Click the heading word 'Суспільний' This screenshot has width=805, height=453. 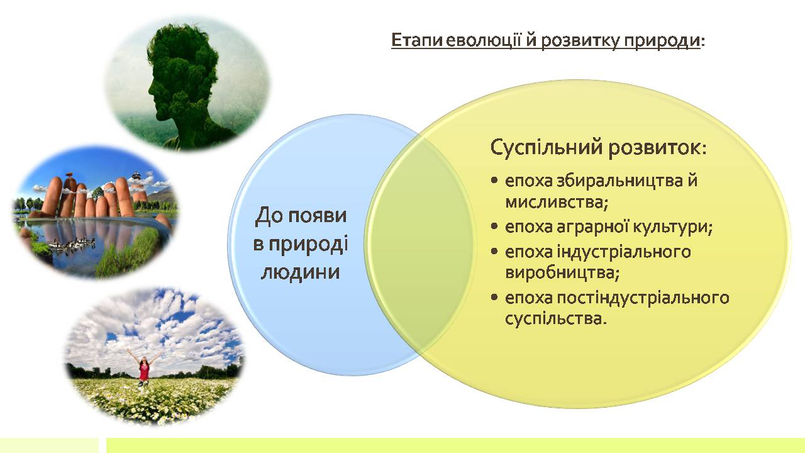point(547,147)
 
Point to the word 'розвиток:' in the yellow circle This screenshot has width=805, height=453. point(658,148)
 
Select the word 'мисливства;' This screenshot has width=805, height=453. point(557,203)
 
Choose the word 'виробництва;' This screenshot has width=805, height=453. point(562,273)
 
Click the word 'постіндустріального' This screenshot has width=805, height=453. point(643,298)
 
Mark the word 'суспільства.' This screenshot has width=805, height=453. point(556,319)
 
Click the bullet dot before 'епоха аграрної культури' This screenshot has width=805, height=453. point(495,226)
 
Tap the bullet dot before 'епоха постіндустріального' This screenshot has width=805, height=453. point(495,298)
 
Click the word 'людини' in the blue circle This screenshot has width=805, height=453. point(300,272)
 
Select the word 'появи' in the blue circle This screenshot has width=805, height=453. point(318,216)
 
